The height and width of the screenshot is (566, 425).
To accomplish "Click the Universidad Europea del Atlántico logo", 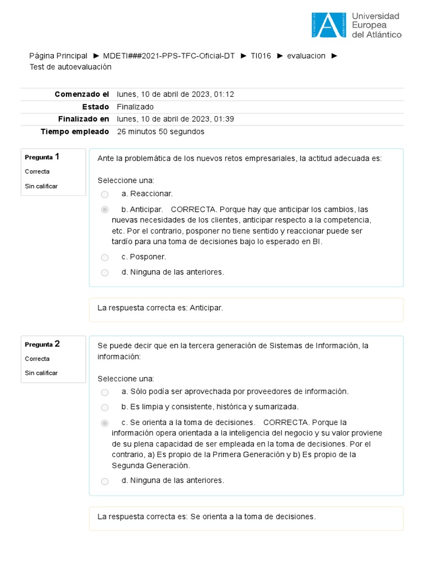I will pos(356,25).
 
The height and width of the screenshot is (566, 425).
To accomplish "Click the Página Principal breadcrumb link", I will pos(58,56).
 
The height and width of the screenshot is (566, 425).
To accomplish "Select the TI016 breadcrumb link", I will pos(261,56).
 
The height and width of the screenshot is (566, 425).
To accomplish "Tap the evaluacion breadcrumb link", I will pos(306,56).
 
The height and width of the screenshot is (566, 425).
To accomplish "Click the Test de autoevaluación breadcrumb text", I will pos(70,67).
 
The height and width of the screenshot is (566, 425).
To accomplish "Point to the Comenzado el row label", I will pos(82,95).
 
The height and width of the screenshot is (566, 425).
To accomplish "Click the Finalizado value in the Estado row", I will pos(135,107).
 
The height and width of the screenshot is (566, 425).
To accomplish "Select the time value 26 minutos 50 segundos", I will pos(160,132).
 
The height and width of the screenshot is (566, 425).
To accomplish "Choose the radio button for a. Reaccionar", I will pos(105,194).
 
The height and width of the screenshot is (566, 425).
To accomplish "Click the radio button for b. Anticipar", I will pos(105,210).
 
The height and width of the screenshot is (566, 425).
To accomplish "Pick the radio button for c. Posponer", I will pos(105,257).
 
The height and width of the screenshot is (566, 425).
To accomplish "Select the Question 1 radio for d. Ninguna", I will pos(105,272).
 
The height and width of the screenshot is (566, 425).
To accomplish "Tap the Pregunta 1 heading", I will pos(42,157).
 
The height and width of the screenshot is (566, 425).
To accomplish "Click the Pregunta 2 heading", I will pos(42,344).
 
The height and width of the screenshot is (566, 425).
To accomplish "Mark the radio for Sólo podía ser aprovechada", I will pos(105,392).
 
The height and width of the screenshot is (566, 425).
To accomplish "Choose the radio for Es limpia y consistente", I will pos(105,407).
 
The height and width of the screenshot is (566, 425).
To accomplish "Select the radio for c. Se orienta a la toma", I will pos(105,423).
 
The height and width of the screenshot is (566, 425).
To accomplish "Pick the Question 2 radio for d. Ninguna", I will pos(105,481).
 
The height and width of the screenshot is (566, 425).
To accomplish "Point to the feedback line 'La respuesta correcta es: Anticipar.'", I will pos(160,308).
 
